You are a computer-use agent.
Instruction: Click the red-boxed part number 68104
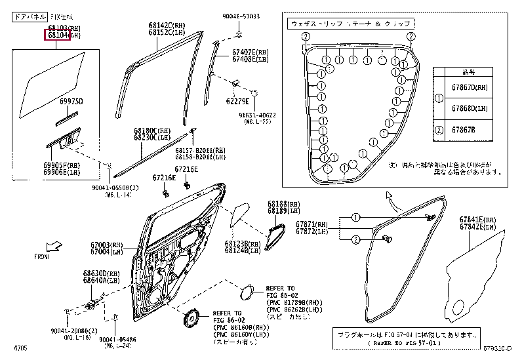(56, 35)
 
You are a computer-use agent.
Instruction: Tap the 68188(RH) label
(281, 205)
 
